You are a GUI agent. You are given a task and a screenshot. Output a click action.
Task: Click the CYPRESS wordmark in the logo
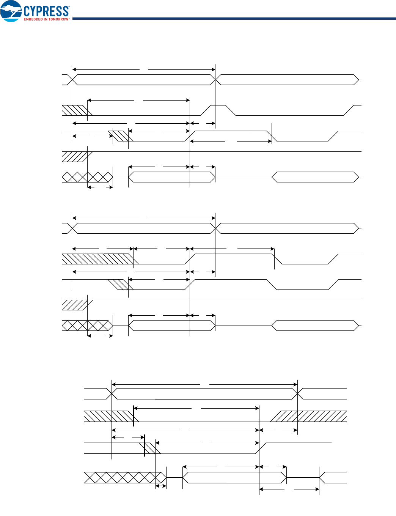pos(46,11)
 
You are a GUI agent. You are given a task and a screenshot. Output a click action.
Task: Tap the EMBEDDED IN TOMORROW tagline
pos(46,19)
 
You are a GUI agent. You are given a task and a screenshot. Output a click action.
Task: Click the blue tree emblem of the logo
pos(11,11)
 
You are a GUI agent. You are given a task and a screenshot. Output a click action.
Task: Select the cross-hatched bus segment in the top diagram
pos(87,177)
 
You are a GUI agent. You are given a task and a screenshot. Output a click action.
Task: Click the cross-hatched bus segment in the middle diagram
pos(87,326)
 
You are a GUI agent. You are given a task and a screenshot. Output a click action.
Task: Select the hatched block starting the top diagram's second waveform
pos(77,110)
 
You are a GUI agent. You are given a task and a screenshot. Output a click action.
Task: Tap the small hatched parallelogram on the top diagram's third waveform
pos(121,136)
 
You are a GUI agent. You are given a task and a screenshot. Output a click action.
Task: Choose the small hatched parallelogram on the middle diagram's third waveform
pos(121,285)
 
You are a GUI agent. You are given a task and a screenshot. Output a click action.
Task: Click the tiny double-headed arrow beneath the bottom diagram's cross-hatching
pos(161,486)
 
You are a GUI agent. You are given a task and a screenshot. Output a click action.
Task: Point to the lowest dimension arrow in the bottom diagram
pos(289,489)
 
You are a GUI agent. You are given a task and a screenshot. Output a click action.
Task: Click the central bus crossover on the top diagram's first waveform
pos(215,80)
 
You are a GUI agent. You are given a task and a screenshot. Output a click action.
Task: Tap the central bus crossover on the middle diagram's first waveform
pos(215,228)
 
